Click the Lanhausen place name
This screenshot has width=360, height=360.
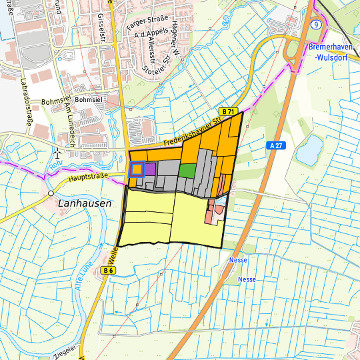(85, 203)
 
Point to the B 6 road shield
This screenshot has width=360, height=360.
(109, 270)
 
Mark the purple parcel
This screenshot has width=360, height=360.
(150, 169)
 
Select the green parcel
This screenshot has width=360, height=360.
(187, 171)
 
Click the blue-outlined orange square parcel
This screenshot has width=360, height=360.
(136, 169)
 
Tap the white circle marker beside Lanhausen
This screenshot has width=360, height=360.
(51, 193)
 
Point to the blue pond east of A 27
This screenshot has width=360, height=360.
(309, 150)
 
